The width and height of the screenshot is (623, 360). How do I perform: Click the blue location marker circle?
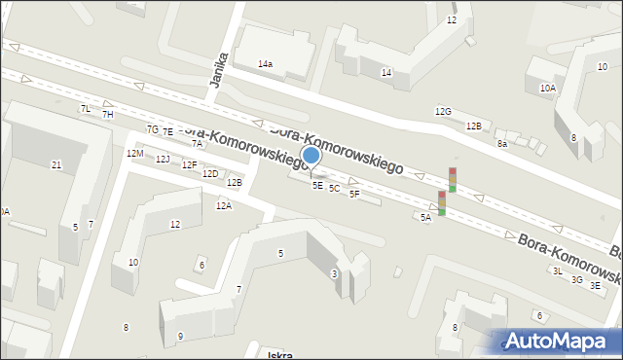(311, 155)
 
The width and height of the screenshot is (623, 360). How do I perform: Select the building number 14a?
(265, 63)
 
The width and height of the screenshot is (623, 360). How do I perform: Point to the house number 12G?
(443, 112)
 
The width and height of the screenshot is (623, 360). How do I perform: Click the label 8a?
(502, 144)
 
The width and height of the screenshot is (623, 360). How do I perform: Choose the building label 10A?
(548, 88)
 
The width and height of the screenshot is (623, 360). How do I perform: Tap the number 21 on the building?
(56, 165)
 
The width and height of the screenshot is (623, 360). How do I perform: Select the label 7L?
(85, 108)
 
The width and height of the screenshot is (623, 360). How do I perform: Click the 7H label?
(108, 115)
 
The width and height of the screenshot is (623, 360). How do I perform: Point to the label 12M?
(134, 154)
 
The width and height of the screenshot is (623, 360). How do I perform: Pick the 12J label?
(163, 160)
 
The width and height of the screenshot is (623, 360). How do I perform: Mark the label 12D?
(209, 173)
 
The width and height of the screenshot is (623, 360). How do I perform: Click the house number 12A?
(224, 205)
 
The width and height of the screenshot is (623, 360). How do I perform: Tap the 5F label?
(354, 194)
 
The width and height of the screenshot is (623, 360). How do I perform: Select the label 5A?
(425, 218)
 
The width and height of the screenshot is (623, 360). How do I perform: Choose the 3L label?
(558, 271)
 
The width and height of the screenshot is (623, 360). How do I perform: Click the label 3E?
(595, 285)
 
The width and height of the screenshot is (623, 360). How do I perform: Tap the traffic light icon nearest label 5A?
(442, 202)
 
